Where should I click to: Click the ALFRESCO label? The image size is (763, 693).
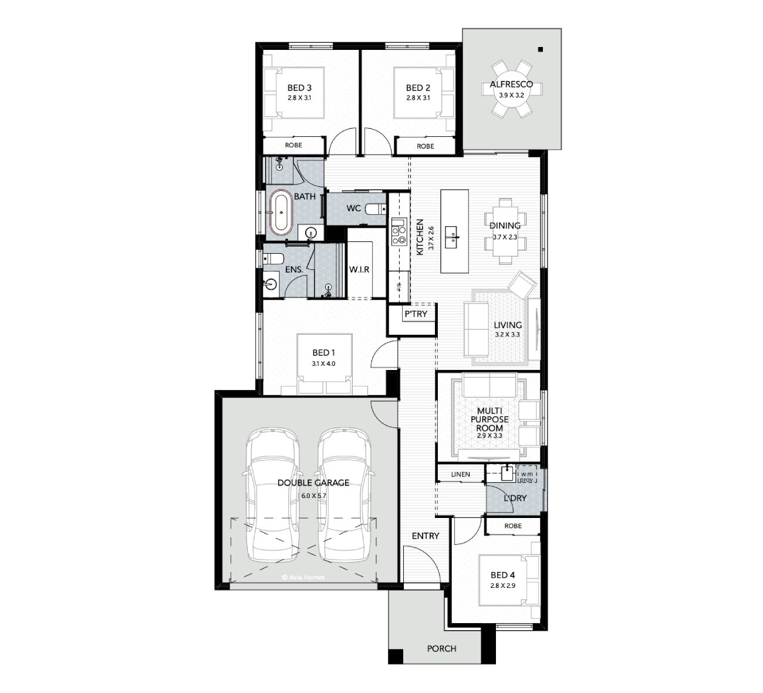pyautogui.click(x=511, y=84)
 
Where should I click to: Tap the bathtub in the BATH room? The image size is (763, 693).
pyautogui.click(x=281, y=212)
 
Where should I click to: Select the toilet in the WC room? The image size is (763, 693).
pyautogui.click(x=374, y=210)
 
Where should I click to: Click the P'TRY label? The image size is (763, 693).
pyautogui.click(x=416, y=314)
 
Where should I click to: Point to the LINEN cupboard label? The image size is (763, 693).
pyautogui.click(x=461, y=475)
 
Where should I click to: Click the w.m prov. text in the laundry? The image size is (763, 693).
pyautogui.click(x=527, y=477)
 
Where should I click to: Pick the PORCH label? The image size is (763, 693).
pyautogui.click(x=441, y=648)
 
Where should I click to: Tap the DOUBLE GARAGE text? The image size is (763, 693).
pyautogui.click(x=313, y=483)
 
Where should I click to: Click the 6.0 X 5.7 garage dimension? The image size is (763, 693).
pyautogui.click(x=314, y=496)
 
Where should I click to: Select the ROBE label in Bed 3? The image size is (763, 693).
pyautogui.click(x=293, y=145)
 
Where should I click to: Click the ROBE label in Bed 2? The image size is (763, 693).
pyautogui.click(x=426, y=146)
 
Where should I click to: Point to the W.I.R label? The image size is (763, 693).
pyautogui.click(x=359, y=270)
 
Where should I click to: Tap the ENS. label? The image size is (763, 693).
pyautogui.click(x=294, y=270)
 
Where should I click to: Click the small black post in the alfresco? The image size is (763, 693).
pyautogui.click(x=540, y=49)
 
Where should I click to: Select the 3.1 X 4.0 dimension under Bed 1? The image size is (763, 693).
pyautogui.click(x=323, y=364)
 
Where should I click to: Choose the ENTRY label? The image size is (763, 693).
pyautogui.click(x=426, y=536)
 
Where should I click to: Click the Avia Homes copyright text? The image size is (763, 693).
pyautogui.click(x=303, y=577)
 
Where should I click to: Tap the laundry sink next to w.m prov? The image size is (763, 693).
pyautogui.click(x=508, y=474)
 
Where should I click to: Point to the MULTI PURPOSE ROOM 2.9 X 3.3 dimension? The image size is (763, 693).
pyautogui.click(x=489, y=436)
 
